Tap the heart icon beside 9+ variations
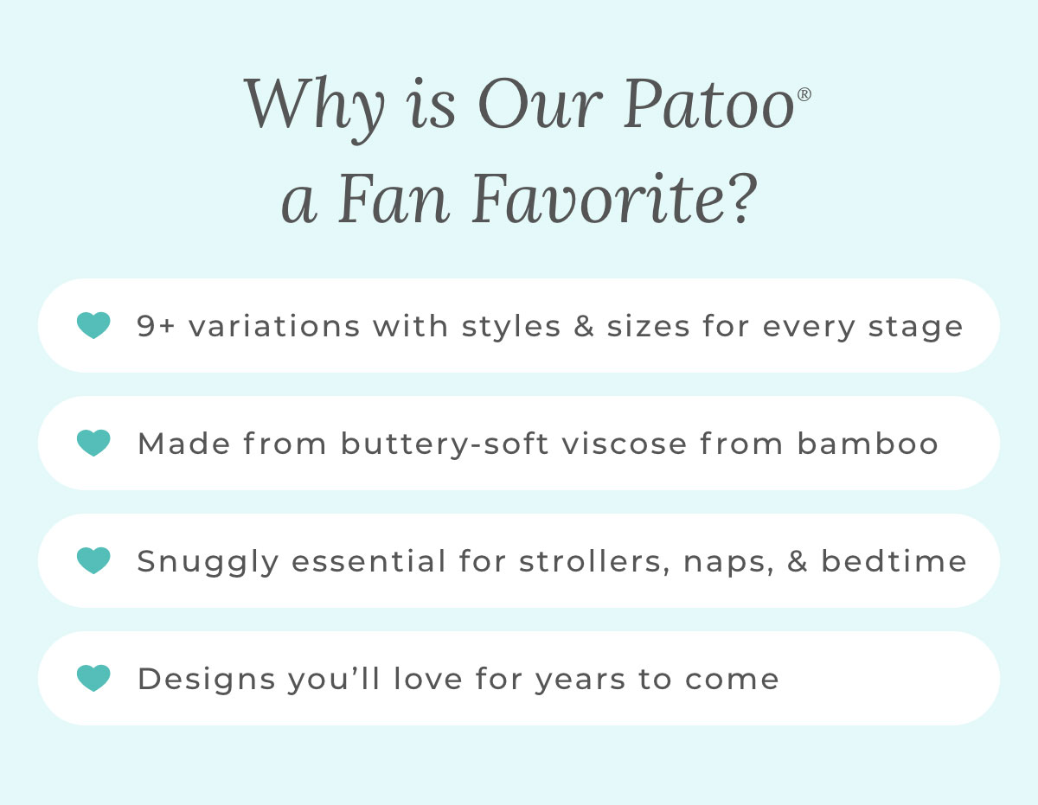coord(93,325)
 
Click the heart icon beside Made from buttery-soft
coord(93,443)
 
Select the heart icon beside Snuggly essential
coord(93,560)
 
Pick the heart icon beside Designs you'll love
coord(93,678)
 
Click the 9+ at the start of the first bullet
coord(156,326)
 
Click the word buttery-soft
coord(445,444)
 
